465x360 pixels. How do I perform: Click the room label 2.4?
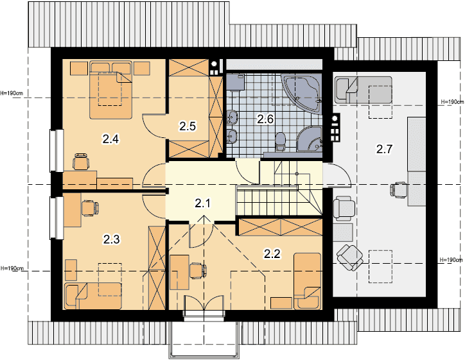point(110,139)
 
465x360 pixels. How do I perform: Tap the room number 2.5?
point(188,126)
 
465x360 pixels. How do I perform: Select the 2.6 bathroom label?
point(265,119)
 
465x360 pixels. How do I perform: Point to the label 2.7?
point(384,149)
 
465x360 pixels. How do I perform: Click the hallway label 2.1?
point(203,203)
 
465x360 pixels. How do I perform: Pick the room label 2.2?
point(272,253)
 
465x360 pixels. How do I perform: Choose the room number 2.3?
point(112,239)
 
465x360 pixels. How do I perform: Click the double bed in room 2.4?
point(110,90)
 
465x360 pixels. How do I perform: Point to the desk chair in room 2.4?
point(81,161)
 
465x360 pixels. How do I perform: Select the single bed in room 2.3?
point(93,296)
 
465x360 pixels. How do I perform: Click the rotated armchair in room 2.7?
point(350,257)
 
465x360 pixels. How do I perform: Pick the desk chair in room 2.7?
point(399,189)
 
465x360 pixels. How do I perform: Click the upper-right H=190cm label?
point(452,101)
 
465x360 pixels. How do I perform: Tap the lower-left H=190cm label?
point(12,268)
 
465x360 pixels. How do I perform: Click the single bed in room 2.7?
point(364,90)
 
